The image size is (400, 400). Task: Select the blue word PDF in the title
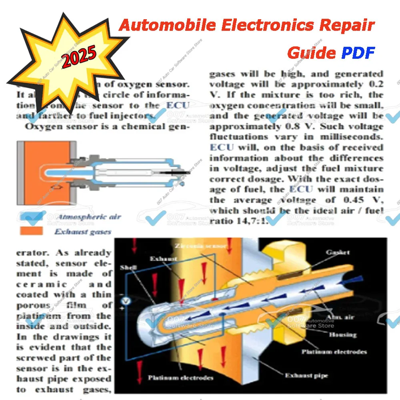(x=358, y=52)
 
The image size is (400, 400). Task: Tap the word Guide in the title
(x=311, y=52)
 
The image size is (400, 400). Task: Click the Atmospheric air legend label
(x=88, y=217)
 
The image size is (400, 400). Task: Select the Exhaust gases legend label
(x=83, y=231)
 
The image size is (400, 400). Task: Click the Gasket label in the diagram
(x=338, y=252)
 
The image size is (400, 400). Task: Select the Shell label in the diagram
(x=126, y=267)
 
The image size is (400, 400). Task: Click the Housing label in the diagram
(x=342, y=334)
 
